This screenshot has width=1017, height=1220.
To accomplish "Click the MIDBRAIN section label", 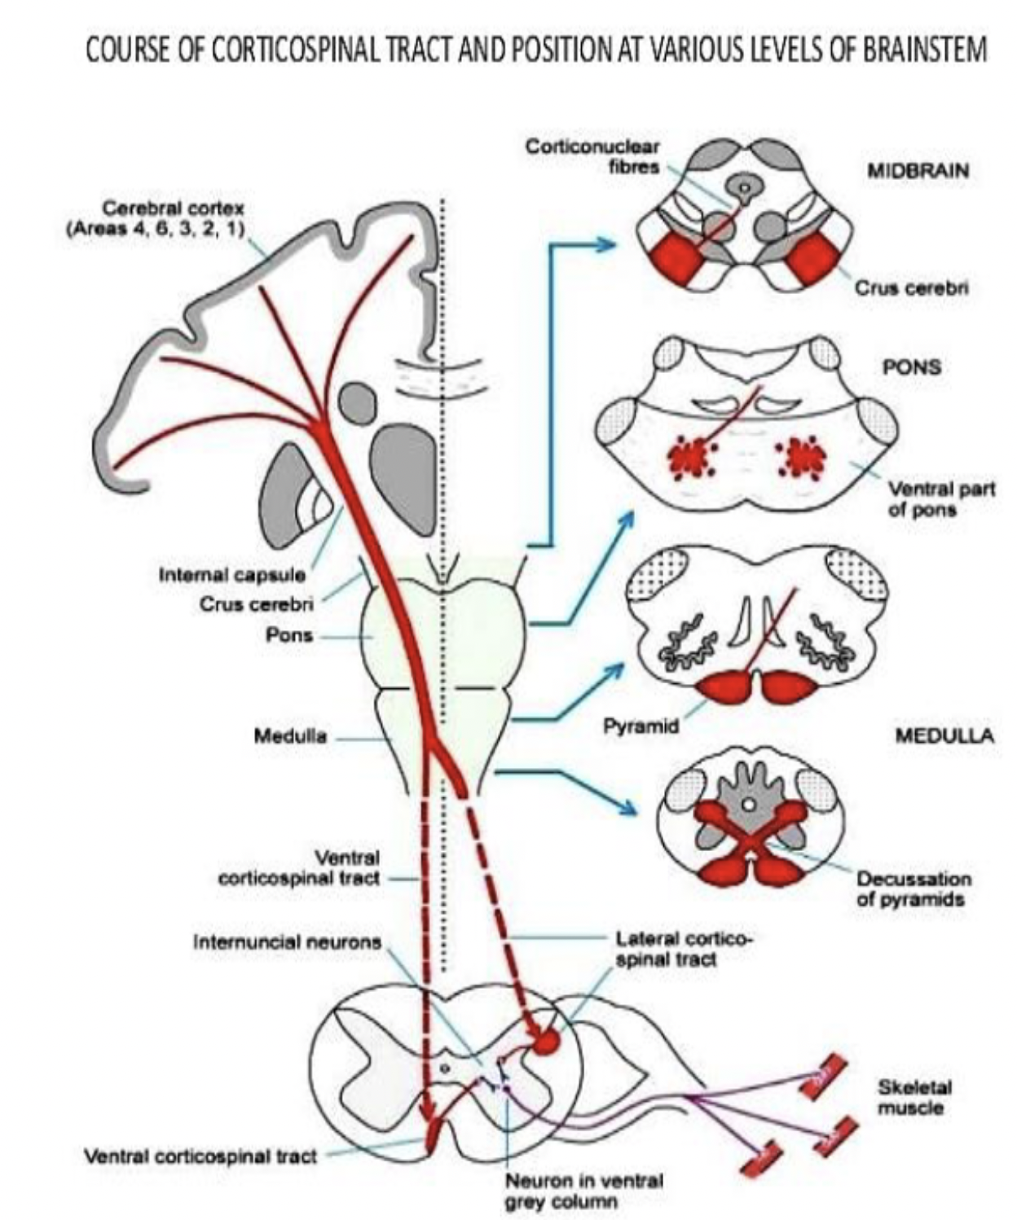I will pos(918,171).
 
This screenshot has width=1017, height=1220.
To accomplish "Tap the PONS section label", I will pos(912,366).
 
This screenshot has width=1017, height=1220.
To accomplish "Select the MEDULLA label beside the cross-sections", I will pos(944,736).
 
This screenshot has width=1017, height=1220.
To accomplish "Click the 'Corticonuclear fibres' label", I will pos(592,156).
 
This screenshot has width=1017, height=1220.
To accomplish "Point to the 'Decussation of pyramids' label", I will pos(913,889).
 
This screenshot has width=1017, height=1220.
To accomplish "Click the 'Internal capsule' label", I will pos(232,575).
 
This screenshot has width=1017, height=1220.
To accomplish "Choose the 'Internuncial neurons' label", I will pos(287,942).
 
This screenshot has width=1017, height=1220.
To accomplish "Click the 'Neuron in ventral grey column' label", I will pos(583,1191).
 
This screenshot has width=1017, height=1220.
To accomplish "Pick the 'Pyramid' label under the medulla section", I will pos(641,726).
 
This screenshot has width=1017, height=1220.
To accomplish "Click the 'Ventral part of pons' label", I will pos(922,499).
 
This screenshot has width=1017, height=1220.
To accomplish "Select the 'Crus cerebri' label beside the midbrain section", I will pos(910,288).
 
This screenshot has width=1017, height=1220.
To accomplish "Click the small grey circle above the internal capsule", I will pos(357,403).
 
